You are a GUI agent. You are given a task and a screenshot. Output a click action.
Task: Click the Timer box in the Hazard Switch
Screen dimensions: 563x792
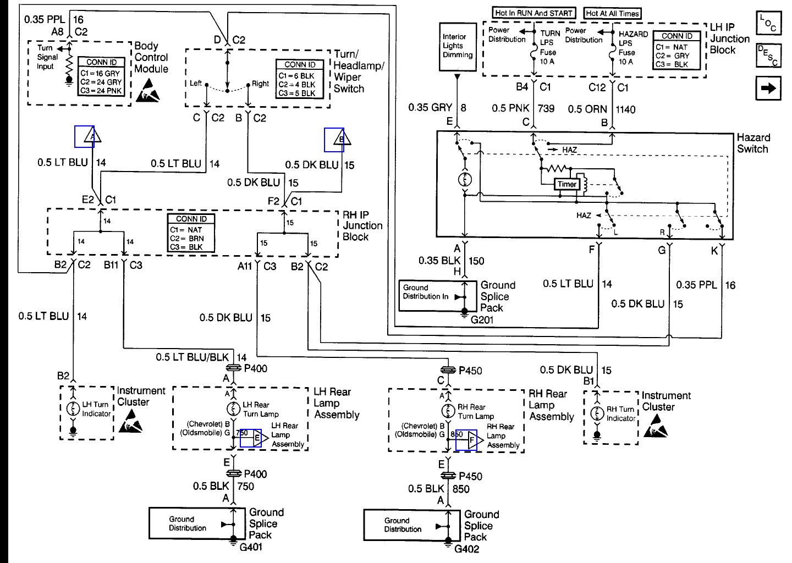click(x=567, y=184)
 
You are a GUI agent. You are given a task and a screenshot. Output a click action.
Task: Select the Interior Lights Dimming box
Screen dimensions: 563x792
click(x=457, y=47)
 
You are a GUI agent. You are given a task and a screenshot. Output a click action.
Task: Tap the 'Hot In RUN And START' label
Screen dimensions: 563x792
click(x=533, y=13)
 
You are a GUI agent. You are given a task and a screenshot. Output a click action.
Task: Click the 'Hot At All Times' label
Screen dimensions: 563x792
click(x=613, y=13)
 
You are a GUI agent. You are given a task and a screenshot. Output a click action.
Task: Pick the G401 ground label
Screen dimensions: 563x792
click(x=251, y=547)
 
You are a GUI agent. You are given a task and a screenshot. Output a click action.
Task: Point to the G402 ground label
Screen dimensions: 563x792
click(x=467, y=549)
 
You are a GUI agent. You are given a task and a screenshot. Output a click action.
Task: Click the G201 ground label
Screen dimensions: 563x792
click(x=482, y=319)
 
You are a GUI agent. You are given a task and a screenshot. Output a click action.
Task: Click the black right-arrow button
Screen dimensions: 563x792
click(x=768, y=88)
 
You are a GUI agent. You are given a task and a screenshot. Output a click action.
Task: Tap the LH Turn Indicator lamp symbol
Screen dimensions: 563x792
click(x=73, y=409)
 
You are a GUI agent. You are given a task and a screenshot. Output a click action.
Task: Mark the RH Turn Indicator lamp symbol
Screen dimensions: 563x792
click(x=597, y=413)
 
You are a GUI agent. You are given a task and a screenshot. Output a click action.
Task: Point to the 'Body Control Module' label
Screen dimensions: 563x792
click(x=151, y=57)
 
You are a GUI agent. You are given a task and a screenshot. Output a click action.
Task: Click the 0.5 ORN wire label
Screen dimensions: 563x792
click(x=587, y=109)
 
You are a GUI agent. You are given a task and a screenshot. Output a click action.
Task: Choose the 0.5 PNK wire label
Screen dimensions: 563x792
click(x=510, y=108)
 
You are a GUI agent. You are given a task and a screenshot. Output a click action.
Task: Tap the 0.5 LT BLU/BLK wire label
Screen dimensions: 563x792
click(x=192, y=357)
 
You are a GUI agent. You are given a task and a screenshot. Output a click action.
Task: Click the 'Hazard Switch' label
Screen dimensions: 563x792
click(x=753, y=143)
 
